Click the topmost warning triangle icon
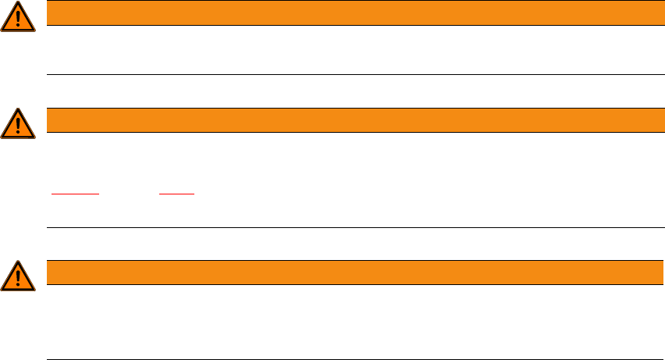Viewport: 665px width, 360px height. [x=18, y=17]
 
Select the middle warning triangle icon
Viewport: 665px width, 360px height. [x=18, y=124]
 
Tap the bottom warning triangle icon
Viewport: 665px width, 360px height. [x=18, y=276]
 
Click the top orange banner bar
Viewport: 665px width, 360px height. [x=350, y=12]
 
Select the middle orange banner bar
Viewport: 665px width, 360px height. [x=350, y=119]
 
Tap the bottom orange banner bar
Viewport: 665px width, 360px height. [x=350, y=272]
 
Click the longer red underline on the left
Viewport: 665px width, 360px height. [x=76, y=192]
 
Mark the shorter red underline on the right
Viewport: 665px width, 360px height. [x=177, y=192]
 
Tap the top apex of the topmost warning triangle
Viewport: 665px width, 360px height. [x=18, y=3]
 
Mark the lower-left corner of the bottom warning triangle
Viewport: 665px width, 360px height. [x=2, y=290]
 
